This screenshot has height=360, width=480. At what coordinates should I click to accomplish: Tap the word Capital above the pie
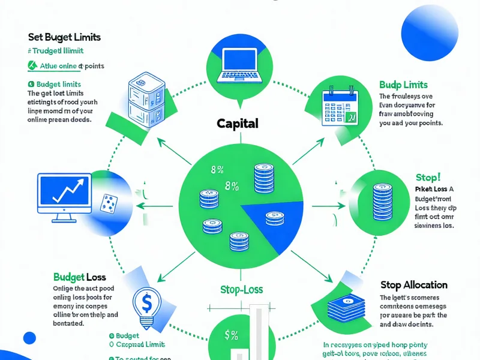[238, 124]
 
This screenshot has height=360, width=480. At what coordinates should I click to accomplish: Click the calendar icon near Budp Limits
[339, 107]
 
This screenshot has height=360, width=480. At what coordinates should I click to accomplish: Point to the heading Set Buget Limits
[64, 37]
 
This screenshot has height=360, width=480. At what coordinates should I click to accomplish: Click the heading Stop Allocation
[414, 284]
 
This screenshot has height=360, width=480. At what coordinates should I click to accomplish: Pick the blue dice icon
[108, 202]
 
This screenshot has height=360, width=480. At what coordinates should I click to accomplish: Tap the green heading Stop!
[428, 178]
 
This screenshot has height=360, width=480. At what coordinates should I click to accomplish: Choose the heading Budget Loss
[79, 277]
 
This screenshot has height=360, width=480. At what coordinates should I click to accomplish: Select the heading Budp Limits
[403, 85]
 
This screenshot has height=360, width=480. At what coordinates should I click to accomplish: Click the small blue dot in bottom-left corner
[29, 338]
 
